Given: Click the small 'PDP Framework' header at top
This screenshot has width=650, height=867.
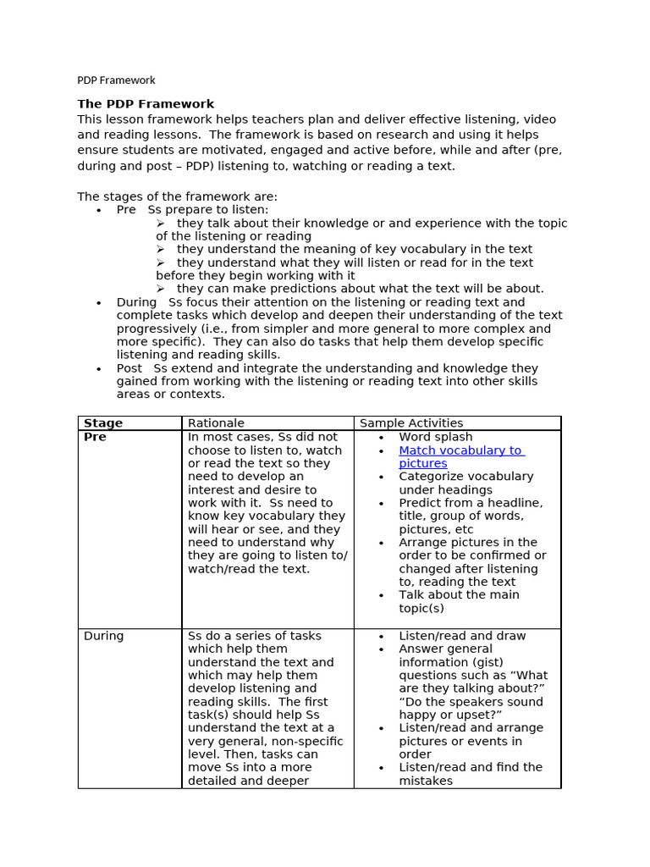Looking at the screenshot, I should [x=116, y=80].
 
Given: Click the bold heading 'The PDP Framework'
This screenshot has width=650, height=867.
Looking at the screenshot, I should [x=146, y=104].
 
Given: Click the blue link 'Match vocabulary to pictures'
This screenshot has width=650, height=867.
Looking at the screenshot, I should [x=460, y=456].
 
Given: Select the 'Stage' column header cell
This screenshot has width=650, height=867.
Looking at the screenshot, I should [x=103, y=422].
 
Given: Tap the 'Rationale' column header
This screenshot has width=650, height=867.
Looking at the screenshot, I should [x=216, y=422].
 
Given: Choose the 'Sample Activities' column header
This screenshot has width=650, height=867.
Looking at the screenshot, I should [x=411, y=422].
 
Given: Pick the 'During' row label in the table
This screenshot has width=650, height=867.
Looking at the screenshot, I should [x=103, y=636].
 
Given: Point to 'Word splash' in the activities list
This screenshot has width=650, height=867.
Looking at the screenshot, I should [x=436, y=437].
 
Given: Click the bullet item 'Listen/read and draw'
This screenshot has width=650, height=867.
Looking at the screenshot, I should [x=462, y=636].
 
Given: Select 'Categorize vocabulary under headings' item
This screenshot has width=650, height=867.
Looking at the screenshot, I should [x=465, y=483].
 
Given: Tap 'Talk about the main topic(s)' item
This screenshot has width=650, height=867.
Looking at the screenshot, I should [x=459, y=601].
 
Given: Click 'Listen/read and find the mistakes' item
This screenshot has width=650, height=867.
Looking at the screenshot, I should [x=470, y=774].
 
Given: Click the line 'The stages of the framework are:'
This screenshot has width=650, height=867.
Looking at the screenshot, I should [x=177, y=196].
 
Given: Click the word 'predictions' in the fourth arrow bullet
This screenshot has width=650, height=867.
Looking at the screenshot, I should [x=285, y=289].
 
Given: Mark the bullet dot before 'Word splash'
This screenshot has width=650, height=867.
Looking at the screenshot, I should [x=382, y=438].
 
